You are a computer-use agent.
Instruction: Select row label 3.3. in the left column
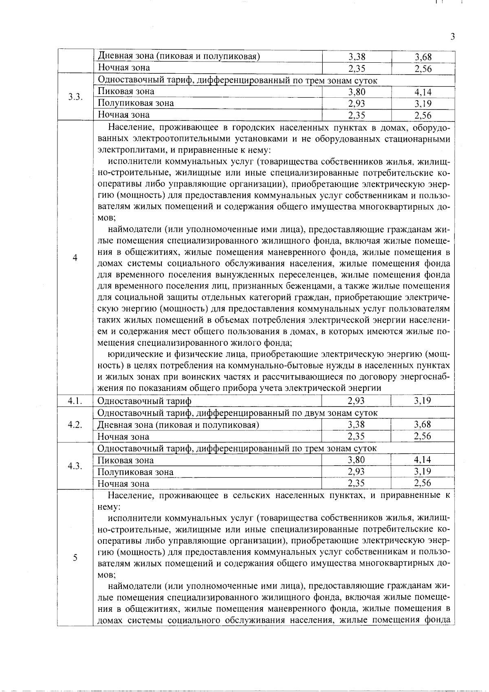coord(75,97)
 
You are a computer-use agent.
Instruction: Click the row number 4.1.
coord(75,401)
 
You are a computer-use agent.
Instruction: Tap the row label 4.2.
coord(75,425)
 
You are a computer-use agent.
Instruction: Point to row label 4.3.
coord(75,466)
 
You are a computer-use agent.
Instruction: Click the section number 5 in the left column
coord(75,558)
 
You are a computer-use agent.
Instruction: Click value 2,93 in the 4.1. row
coord(356,401)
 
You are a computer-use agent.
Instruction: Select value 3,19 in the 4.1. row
coord(423,401)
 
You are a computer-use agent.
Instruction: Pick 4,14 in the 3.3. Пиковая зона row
coord(423,92)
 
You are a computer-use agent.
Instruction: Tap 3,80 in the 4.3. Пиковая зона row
coord(356,460)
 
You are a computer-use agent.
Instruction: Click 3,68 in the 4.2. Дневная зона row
coord(423,425)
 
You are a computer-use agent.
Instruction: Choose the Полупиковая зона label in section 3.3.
coord(136,103)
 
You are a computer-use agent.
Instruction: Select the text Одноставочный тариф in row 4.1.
coord(145,401)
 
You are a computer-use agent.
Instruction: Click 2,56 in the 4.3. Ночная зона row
coord(423,483)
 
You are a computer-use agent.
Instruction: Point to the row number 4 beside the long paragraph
coord(75,258)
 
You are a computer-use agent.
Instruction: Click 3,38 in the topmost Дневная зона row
coord(357,57)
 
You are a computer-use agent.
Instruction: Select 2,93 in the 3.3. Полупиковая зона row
coord(357,103)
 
